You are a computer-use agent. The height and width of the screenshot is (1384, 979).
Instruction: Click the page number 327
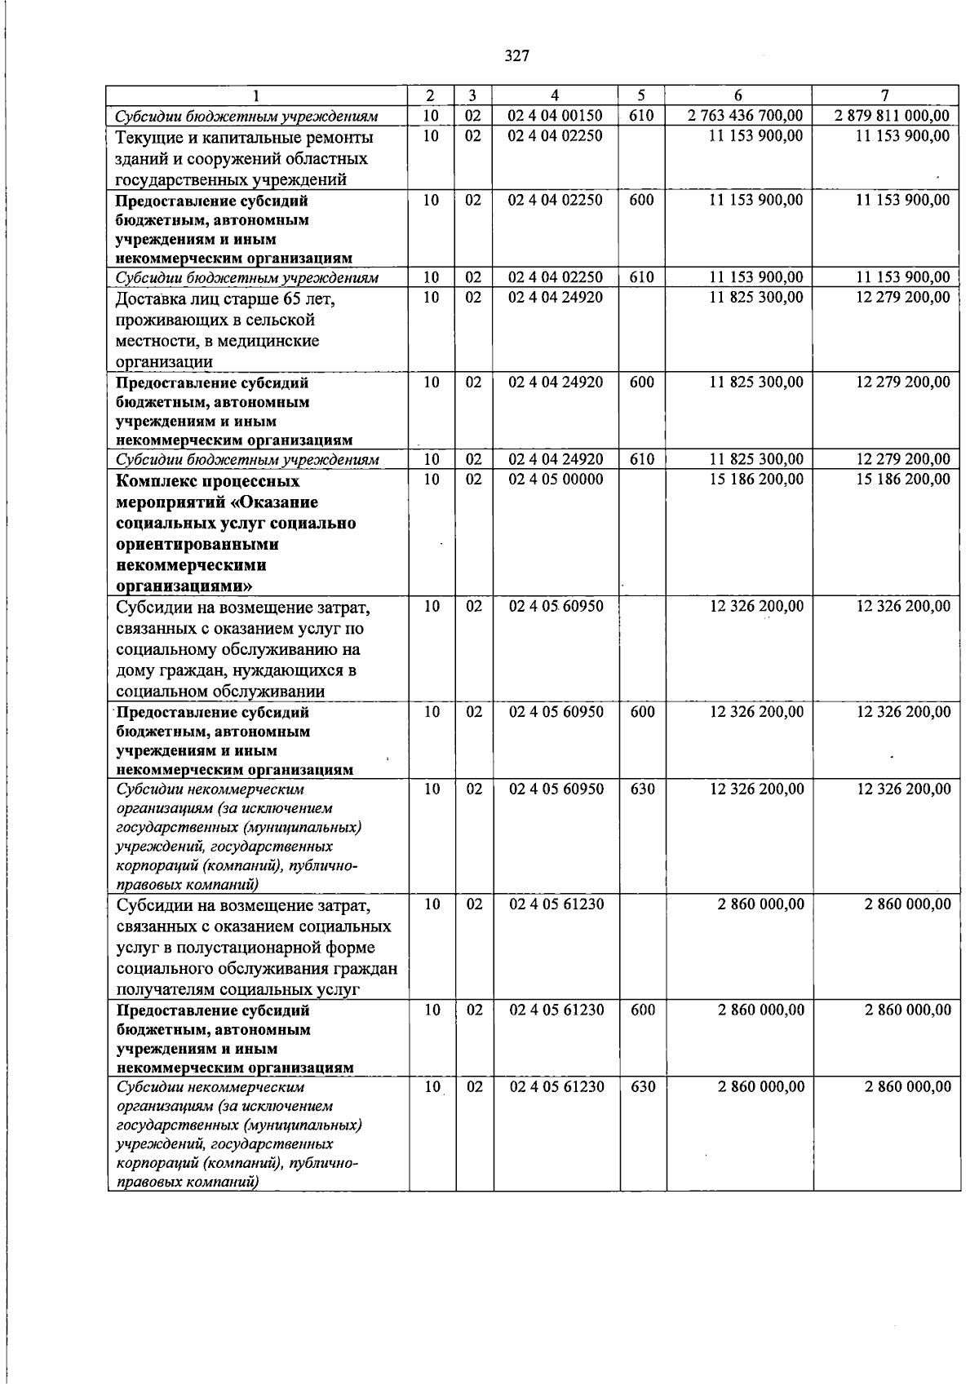pos(516,56)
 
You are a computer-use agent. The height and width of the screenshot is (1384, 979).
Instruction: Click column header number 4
pos(556,95)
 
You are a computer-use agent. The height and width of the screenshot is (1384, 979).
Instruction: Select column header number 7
pos(886,95)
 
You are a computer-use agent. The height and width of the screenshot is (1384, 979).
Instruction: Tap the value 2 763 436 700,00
pos(745,116)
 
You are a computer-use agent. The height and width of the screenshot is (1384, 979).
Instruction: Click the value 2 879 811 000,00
pos(893,116)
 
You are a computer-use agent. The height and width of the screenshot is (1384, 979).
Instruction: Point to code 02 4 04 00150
pos(556,116)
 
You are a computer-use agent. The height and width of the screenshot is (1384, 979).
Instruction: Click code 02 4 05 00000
pos(556,480)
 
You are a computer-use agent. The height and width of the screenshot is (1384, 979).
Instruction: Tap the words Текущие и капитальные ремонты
pos(245,137)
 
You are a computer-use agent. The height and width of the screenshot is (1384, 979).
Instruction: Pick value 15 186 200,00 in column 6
pos(756,480)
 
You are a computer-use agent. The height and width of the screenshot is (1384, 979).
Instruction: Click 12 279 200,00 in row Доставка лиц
pos(903,298)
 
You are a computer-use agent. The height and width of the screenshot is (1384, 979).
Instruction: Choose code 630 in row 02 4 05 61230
pos(643,1087)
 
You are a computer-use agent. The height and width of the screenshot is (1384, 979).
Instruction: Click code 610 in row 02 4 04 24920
pos(643,460)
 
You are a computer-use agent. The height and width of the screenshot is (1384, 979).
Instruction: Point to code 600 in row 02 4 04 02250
pos(643,199)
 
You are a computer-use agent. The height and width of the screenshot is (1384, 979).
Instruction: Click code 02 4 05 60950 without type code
pos(556,607)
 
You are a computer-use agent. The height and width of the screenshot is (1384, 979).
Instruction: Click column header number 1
pos(258,95)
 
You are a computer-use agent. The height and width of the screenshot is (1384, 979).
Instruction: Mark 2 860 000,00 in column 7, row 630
pos(907,1087)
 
